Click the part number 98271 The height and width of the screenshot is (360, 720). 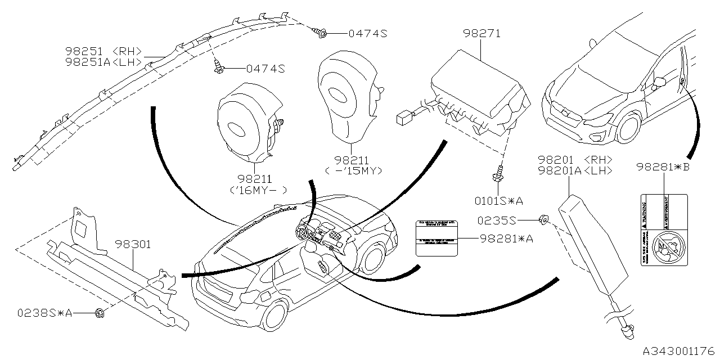click(x=482, y=34)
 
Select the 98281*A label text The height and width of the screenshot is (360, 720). click(x=506, y=238)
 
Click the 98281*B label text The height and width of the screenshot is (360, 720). click(x=663, y=167)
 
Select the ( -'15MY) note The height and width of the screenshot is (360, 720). click(x=353, y=170)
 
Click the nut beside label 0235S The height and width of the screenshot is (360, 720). click(x=544, y=219)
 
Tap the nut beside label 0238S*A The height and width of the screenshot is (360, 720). click(x=100, y=313)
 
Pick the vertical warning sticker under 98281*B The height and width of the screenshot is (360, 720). click(x=664, y=230)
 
